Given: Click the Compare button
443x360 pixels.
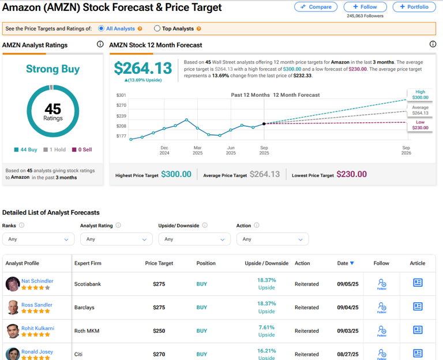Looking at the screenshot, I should [x=316, y=7].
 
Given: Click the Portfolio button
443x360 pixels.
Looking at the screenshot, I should [x=414, y=7].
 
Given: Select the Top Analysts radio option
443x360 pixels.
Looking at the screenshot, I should [x=157, y=28].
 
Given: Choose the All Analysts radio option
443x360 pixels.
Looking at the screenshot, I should [x=102, y=28].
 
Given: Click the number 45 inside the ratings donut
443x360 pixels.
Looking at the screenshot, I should [x=52, y=108].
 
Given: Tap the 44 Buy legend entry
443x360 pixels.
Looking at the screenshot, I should [x=26, y=149].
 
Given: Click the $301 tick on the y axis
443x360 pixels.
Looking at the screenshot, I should [x=121, y=95].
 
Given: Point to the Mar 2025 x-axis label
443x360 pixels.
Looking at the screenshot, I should [x=198, y=150].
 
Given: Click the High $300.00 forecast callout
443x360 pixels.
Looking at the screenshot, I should [x=420, y=95].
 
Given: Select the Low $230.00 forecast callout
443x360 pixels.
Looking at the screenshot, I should [x=420, y=125].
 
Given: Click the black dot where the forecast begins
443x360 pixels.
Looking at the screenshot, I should [x=264, y=123].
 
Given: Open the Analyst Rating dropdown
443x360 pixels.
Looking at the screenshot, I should [x=115, y=239].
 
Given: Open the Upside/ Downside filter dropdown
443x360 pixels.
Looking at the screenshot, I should [x=194, y=239].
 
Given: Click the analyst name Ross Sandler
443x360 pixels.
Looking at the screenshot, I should [x=37, y=305].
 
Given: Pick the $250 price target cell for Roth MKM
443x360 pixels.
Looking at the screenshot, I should [x=159, y=331].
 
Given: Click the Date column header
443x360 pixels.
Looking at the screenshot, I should [x=345, y=263].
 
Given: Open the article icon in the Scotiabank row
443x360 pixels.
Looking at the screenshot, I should [x=418, y=283].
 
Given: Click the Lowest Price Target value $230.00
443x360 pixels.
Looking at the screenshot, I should [x=351, y=174].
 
